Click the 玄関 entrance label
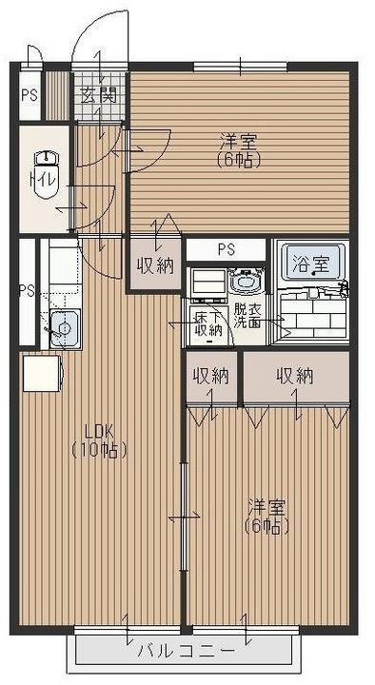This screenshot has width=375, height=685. pyautogui.click(x=99, y=95)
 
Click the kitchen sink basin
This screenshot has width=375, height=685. pyautogui.click(x=65, y=328)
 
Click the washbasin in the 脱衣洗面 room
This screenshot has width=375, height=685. pyautogui.click(x=246, y=282)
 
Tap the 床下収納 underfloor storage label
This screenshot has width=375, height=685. pyautogui.click(x=208, y=323)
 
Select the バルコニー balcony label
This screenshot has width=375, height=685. pyautogui.click(x=186, y=652)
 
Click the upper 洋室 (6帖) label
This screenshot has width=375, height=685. pyautogui.click(x=240, y=151)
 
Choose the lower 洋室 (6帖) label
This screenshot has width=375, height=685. pyautogui.click(x=267, y=518)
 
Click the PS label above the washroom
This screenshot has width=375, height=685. pyautogui.click(x=227, y=250)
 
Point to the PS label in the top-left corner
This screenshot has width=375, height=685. pyautogui.click(x=30, y=95)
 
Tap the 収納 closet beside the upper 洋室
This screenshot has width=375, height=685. pyautogui.click(x=155, y=264)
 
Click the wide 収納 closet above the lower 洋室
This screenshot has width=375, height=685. pyautogui.click(x=296, y=377)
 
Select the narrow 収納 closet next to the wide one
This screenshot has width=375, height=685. pyautogui.click(x=211, y=377)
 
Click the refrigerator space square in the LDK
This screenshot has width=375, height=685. pyautogui.click(x=41, y=373)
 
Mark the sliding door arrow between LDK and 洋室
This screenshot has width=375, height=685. pyautogui.click(x=184, y=517)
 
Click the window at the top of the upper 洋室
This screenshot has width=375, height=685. pyautogui.click(x=241, y=67)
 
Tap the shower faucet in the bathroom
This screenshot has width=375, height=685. pyautogui.click(x=343, y=289)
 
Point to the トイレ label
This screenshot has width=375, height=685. pyautogui.click(x=43, y=179)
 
